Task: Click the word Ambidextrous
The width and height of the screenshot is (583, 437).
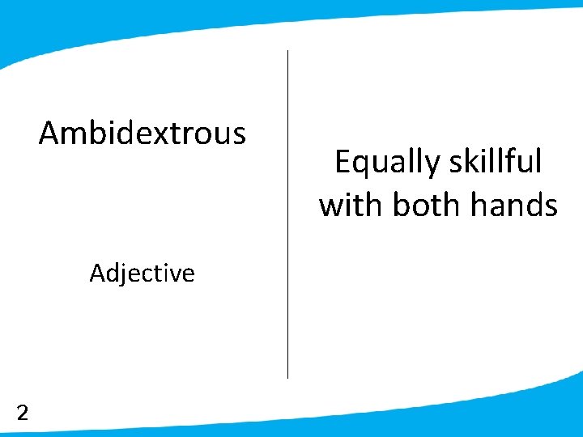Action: pos(143,133)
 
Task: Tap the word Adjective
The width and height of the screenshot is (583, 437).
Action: pos(143,274)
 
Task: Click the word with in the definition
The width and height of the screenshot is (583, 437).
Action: pos(351,205)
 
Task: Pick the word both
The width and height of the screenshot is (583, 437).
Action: pos(427,205)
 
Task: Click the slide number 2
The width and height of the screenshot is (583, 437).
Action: pos(23,414)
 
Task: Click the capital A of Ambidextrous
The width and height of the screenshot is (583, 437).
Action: pos(49,133)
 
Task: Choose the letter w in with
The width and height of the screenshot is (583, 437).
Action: pos(331,206)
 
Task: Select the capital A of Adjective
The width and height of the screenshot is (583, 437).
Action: pos(96,274)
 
